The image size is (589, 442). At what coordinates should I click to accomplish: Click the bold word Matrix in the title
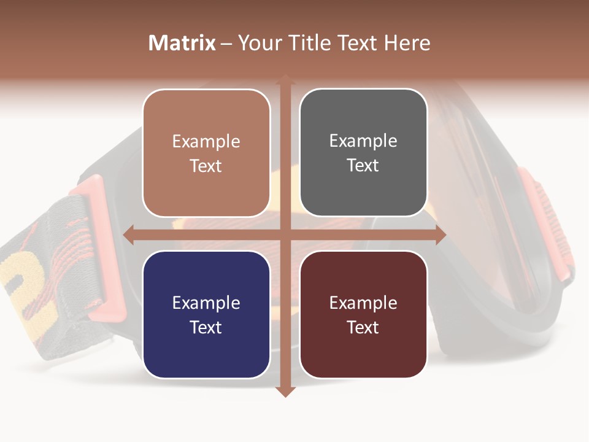(182, 43)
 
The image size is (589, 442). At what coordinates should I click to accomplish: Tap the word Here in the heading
(407, 43)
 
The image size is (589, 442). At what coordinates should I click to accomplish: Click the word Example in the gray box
(363, 141)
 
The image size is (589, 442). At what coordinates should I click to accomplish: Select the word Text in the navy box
(206, 327)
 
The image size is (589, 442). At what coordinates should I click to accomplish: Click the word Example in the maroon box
(363, 303)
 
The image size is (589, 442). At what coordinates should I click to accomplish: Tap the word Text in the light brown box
(206, 166)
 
